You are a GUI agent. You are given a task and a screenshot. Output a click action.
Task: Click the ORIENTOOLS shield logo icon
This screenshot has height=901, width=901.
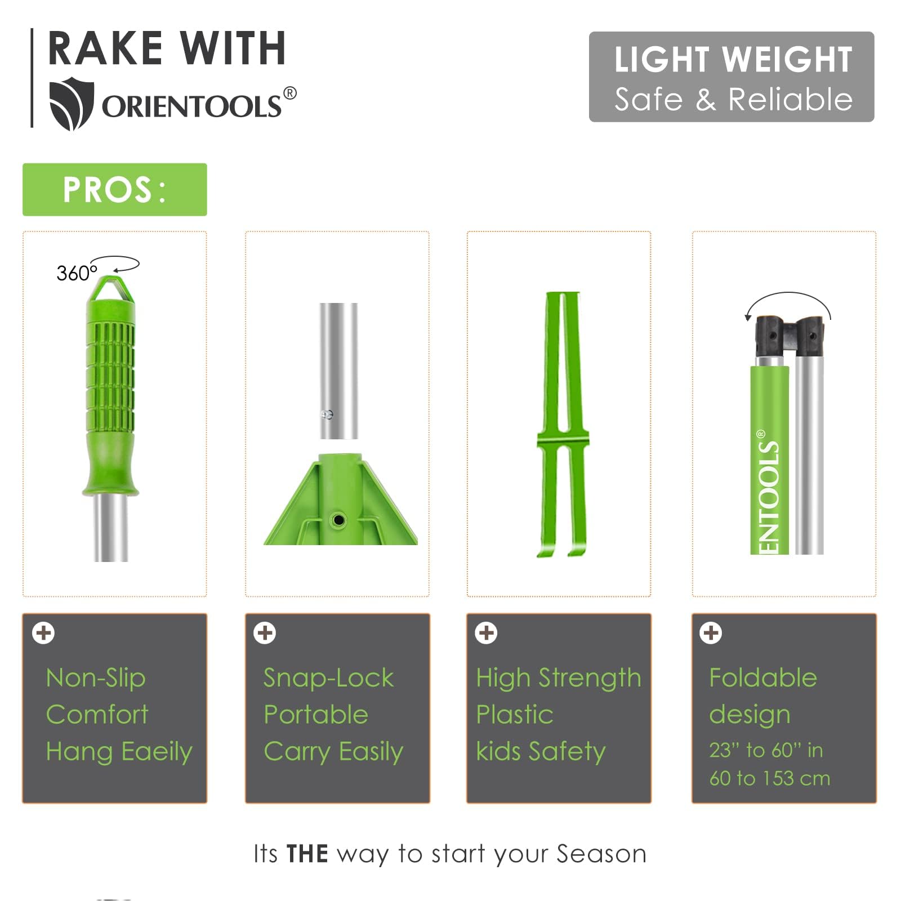[72, 104]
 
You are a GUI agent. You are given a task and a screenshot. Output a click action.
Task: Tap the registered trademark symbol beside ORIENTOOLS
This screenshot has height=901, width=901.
[289, 93]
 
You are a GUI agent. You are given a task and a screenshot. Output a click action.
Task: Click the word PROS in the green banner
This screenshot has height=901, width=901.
[107, 189]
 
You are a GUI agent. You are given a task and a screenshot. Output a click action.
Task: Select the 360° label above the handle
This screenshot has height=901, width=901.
[77, 273]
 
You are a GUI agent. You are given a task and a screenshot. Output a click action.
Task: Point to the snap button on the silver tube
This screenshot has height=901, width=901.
[327, 415]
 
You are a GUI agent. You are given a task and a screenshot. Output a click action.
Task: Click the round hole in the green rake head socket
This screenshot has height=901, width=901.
[338, 519]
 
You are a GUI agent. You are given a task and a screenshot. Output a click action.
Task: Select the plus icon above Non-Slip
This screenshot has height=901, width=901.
[43, 632]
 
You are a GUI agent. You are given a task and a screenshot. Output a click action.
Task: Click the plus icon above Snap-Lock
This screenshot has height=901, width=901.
[265, 632]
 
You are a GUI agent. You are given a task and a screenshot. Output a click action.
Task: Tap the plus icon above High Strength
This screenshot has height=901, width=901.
[487, 632]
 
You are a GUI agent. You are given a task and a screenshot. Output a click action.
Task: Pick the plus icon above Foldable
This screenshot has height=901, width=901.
[711, 632]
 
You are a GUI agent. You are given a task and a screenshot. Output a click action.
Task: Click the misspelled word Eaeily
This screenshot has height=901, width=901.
[157, 752]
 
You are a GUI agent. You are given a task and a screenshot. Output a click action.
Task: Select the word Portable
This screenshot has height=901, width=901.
[316, 715]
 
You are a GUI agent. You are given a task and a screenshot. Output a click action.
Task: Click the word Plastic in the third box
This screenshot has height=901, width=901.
[515, 715]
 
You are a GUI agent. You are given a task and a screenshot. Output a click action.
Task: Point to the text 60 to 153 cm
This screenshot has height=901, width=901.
[770, 778]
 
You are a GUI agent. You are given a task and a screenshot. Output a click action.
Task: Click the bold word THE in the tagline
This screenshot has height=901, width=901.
[307, 854]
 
